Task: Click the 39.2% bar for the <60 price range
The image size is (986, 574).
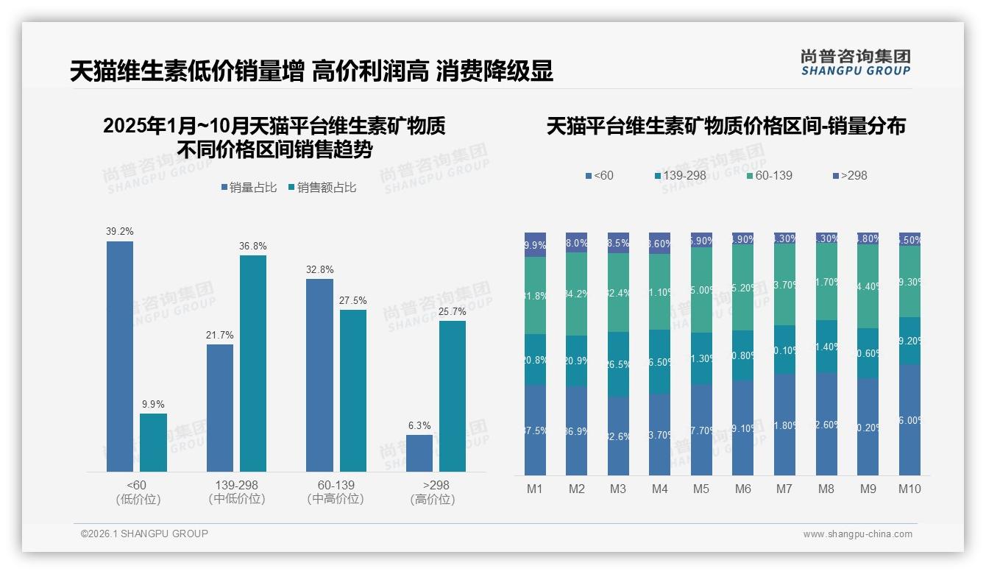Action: tap(120, 356)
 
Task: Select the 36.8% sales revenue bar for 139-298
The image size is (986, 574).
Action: tap(253, 364)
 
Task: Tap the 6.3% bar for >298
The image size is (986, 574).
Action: tap(419, 453)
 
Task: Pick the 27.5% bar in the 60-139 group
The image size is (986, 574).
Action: tap(353, 391)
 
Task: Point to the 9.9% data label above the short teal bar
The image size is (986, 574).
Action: tap(153, 404)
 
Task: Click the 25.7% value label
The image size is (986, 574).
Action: tap(453, 311)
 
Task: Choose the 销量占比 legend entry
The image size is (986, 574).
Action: tap(249, 188)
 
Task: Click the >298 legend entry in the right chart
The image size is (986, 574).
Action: tap(850, 175)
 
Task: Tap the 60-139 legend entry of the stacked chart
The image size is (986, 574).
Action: tap(769, 175)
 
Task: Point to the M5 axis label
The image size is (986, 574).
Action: tap(701, 489)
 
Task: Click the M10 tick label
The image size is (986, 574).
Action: tap(909, 489)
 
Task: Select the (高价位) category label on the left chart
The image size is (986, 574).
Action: tap(433, 499)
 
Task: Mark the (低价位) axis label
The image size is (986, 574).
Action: tap(138, 499)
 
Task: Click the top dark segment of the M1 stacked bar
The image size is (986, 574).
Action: tap(535, 244)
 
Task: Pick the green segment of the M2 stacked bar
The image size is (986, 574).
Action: tap(577, 294)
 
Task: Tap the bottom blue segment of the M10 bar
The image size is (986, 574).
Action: tap(909, 419)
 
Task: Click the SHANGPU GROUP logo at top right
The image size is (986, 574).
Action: tap(855, 62)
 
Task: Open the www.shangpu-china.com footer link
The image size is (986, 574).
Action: tap(857, 534)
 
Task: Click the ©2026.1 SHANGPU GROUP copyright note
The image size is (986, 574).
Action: tap(144, 534)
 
